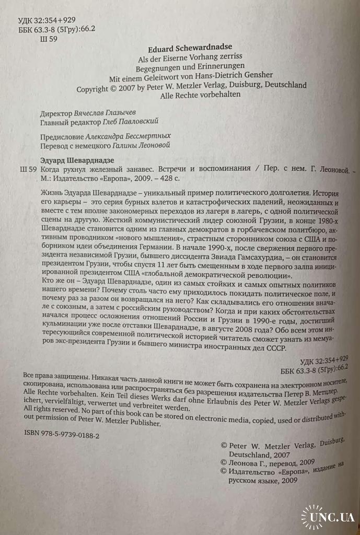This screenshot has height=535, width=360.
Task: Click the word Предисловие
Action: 62,137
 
